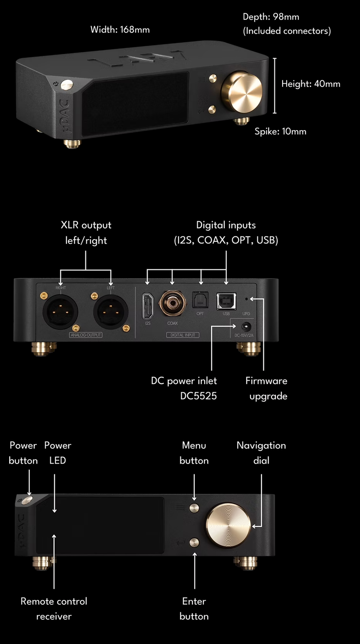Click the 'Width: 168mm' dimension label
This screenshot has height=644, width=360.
coord(120,30)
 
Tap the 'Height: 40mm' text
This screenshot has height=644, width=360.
coord(310,84)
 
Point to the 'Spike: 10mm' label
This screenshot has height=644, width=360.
coord(280,131)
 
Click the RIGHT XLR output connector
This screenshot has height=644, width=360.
coord(60,311)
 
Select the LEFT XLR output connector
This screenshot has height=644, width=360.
coord(111,311)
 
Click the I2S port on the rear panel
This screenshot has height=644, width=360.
coord(147,306)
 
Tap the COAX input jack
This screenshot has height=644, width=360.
coord(172,303)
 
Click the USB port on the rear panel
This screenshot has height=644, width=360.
coord(226,301)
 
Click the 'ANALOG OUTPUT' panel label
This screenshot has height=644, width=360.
coord(86,335)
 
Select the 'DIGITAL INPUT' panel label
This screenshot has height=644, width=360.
coord(183,335)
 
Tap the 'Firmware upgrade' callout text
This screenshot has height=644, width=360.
coord(267,388)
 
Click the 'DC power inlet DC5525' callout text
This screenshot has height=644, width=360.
coord(184,388)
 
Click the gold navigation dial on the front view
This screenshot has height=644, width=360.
coord(228,525)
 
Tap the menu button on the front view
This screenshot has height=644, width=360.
coord(194,508)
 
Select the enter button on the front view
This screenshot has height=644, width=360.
coord(194,542)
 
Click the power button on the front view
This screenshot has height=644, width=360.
coord(27,500)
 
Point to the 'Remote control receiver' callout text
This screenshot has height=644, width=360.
coord(54,608)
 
